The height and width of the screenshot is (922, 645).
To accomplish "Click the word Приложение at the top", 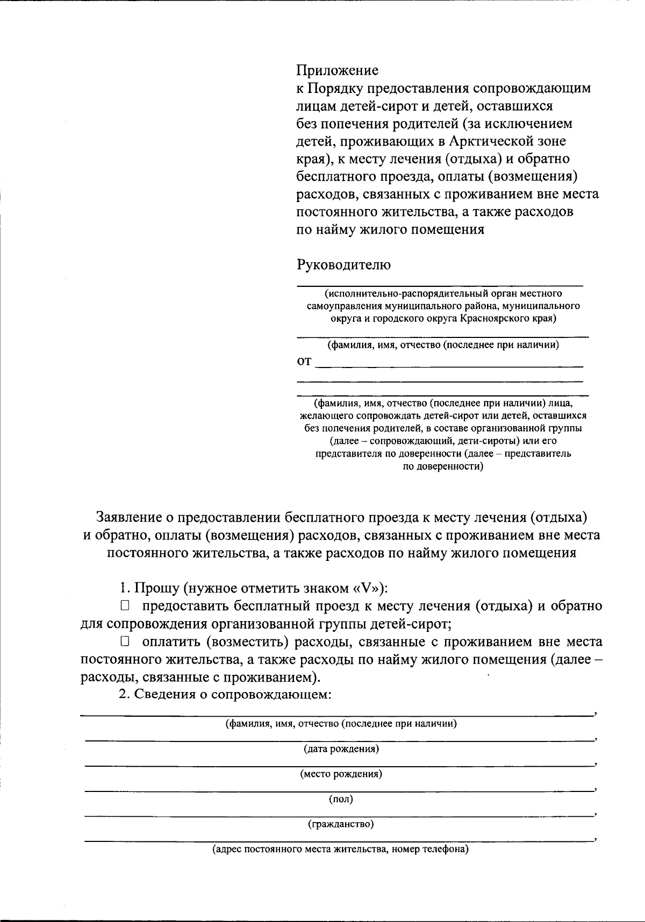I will click(338, 70).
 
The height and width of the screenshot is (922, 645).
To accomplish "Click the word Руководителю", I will click(344, 264).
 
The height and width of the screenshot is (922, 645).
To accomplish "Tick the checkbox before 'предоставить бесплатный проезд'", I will click(125, 606).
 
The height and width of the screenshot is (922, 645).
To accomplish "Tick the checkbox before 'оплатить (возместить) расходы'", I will click(125, 642).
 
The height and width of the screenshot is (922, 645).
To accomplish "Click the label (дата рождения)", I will click(341, 748).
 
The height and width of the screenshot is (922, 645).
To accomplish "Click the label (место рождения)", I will click(341, 774).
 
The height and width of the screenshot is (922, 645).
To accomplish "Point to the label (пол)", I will click(341, 799).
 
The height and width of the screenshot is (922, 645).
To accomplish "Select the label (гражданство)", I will click(341, 824).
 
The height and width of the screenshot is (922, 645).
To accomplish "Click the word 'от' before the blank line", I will click(304, 362).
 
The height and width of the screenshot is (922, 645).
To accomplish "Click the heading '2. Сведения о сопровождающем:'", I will click(225, 694).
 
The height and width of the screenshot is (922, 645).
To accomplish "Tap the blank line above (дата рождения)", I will click(339, 740).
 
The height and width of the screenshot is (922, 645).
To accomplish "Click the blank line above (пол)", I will click(339, 791).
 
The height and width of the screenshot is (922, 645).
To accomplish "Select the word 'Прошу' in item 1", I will click(156, 588).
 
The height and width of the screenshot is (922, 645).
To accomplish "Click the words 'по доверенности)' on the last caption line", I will click(443, 466).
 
